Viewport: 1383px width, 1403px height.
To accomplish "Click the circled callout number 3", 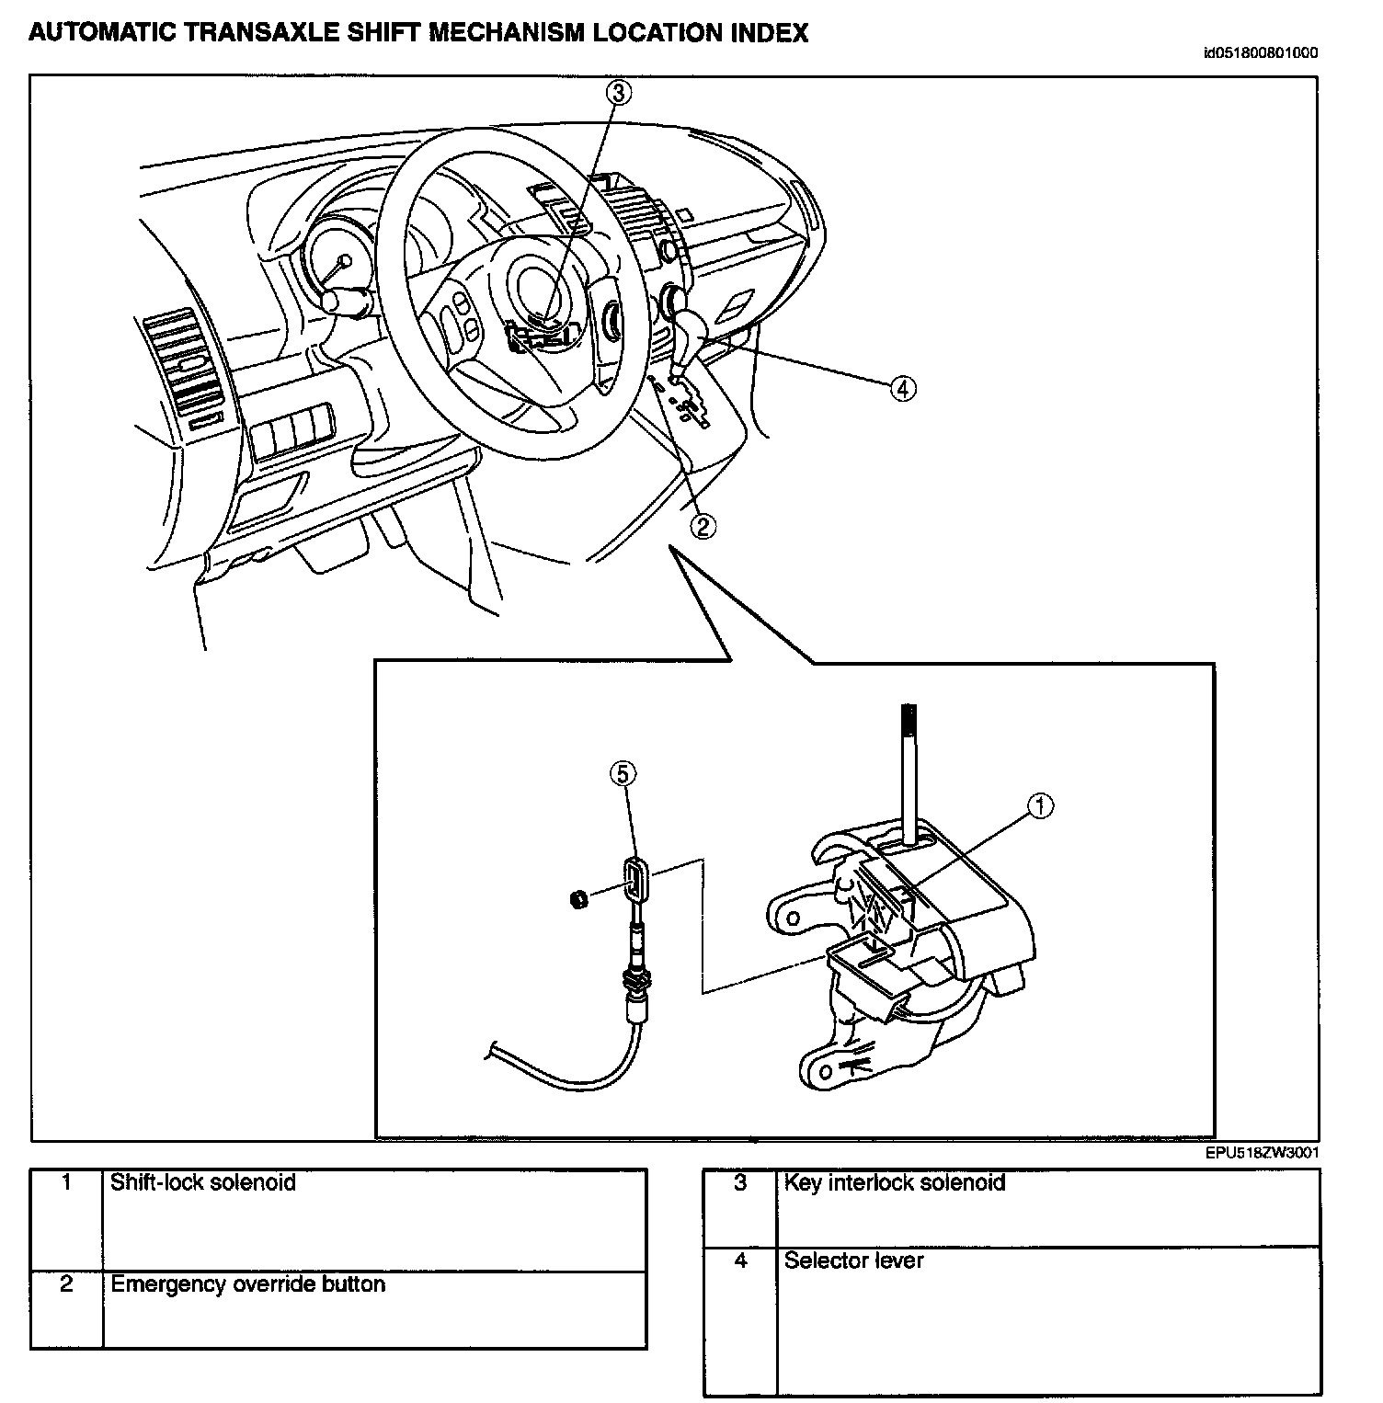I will (618, 92).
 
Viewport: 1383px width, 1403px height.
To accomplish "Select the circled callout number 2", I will (702, 525).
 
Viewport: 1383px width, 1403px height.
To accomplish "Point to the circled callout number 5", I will (623, 774).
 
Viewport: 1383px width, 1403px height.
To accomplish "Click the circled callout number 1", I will (1039, 806).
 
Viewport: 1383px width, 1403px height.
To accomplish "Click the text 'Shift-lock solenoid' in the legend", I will (203, 1181).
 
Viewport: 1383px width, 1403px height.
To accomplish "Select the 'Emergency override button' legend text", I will (247, 1283).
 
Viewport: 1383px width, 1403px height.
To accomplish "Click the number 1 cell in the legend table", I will (66, 1182).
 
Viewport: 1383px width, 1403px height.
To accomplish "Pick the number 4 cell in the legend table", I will (740, 1260).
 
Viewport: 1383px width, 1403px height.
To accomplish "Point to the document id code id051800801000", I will (1259, 52).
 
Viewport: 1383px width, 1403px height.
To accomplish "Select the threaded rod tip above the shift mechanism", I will (909, 721).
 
